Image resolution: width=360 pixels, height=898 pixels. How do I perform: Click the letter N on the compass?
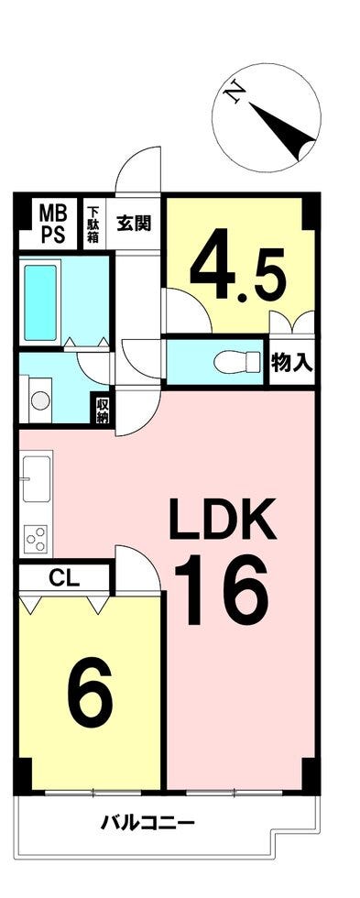(235, 93)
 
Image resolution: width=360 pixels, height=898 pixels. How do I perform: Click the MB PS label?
(52, 224)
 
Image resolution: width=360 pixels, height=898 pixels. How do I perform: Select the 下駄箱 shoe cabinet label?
(93, 225)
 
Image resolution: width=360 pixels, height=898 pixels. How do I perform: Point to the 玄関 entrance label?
(134, 223)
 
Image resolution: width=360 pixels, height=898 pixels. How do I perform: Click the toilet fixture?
(235, 362)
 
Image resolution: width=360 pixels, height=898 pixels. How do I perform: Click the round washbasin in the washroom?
(40, 400)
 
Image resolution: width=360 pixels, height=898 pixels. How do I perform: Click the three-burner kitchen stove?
(36, 538)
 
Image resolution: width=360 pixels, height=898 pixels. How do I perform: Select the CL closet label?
(63, 577)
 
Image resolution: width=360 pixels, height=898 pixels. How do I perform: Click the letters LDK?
(224, 520)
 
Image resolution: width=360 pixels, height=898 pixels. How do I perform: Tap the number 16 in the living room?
(221, 593)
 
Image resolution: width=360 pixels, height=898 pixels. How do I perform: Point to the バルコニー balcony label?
(148, 825)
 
